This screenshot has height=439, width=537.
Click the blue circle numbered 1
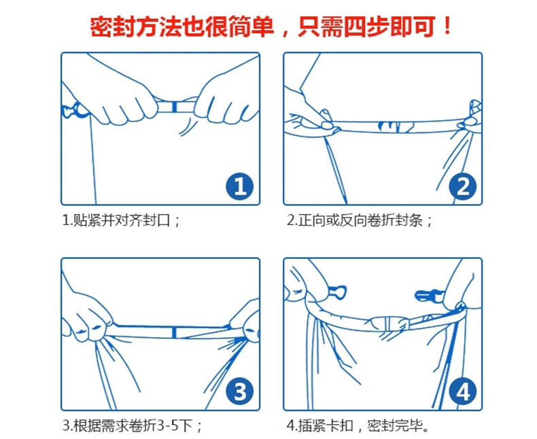(x=239, y=187)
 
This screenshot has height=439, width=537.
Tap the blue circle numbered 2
(x=463, y=187)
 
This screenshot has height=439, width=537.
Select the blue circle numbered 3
(x=239, y=391)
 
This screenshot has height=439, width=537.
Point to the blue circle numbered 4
(x=463, y=391)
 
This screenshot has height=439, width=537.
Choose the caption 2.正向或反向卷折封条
(x=360, y=220)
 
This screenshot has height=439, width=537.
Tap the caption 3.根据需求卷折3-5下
(x=132, y=425)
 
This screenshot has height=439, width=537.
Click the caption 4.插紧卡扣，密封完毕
(x=358, y=425)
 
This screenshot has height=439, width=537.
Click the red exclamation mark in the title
(x=447, y=26)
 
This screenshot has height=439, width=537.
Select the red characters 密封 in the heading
(x=113, y=27)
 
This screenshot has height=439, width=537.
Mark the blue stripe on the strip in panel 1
(x=174, y=107)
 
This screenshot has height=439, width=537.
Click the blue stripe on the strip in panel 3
(x=174, y=332)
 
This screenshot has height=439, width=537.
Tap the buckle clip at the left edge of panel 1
(x=73, y=110)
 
